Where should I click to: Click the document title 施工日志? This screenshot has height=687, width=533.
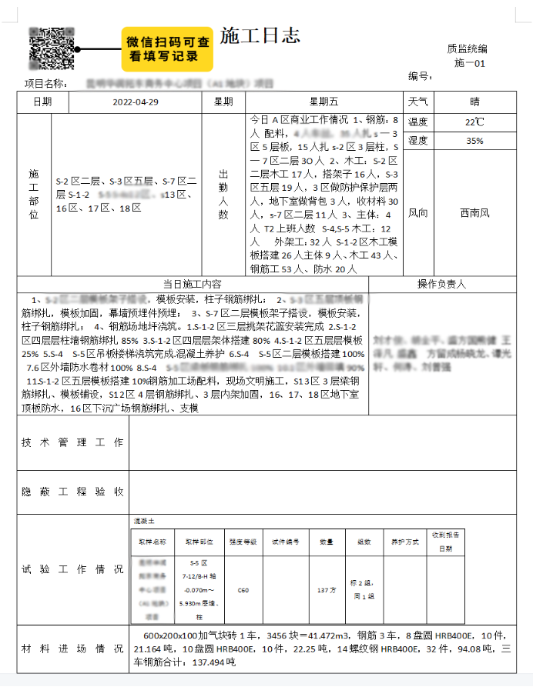pos(260,35)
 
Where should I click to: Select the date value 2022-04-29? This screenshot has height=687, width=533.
pos(136,102)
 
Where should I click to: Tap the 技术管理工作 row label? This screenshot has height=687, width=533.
pos(72,443)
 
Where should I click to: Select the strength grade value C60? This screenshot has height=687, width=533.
pos(243,590)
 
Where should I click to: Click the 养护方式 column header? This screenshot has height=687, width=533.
pos(403,542)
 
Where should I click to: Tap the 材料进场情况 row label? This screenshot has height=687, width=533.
pos(72,649)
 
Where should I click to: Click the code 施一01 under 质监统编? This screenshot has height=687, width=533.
pos(470,63)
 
